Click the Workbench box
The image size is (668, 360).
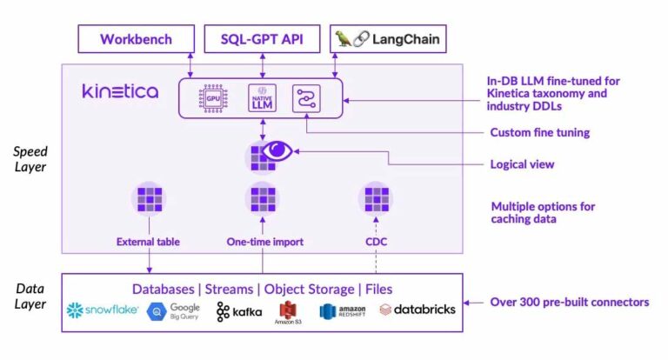coord(135,39)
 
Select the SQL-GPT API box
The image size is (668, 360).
coord(262,39)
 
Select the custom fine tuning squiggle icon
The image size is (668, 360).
coord(306,97)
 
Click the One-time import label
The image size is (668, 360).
coord(264,242)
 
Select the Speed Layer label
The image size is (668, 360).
coord(30,159)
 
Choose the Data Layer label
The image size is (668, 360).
coord(30,296)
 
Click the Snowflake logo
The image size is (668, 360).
coord(103,310)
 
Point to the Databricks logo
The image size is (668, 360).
coord(417,310)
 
